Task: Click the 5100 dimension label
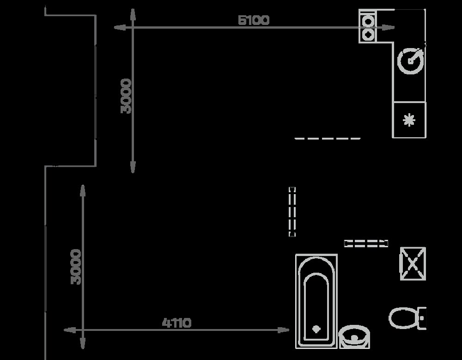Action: click(x=253, y=20)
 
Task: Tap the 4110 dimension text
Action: click(x=176, y=323)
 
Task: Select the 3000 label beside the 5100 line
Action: click(x=126, y=96)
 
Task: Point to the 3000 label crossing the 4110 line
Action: click(x=76, y=267)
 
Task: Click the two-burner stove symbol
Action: click(x=368, y=26)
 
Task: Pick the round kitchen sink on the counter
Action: click(x=411, y=61)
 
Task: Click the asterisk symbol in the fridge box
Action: click(x=409, y=120)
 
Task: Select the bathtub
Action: click(x=316, y=301)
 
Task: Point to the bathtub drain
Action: click(x=316, y=329)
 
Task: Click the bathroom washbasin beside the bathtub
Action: click(x=354, y=337)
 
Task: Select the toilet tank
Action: click(x=422, y=318)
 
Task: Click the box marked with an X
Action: click(x=413, y=263)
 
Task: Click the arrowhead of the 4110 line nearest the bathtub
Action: click(x=283, y=330)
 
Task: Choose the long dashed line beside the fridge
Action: click(x=328, y=138)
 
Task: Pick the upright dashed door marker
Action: click(x=292, y=212)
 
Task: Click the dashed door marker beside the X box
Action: click(x=366, y=244)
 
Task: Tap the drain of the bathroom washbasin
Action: click(x=354, y=338)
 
